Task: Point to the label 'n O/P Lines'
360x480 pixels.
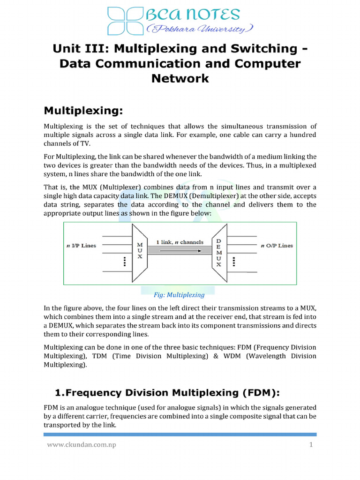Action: click(x=277, y=246)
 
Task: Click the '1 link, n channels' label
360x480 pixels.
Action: click(x=180, y=242)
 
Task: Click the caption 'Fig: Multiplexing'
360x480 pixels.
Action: click(x=180, y=295)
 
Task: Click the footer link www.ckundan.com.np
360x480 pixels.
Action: click(x=80, y=445)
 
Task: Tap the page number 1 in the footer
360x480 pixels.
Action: click(x=310, y=445)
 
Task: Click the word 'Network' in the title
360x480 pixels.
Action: click(x=180, y=78)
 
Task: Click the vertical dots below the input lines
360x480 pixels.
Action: click(x=124, y=262)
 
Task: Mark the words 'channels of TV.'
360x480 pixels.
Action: click(x=67, y=143)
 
